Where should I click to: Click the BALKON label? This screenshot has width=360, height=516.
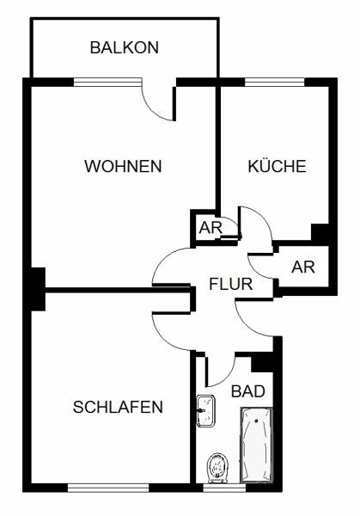125,47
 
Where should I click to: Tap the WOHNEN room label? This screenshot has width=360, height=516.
123,166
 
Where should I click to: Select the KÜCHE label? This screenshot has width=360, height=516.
277,165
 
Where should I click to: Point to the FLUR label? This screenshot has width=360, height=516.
231,284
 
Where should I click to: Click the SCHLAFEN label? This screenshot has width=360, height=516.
118,407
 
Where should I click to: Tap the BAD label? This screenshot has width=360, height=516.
248,391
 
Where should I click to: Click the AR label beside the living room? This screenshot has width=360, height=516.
211,227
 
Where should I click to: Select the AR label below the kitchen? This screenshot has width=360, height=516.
302,267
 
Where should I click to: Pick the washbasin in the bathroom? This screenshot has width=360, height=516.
205,411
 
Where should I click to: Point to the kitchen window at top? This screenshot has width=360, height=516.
275,83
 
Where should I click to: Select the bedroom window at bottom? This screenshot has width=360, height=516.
108,488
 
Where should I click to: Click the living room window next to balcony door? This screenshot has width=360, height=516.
107,83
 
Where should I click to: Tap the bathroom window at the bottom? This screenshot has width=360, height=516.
224,488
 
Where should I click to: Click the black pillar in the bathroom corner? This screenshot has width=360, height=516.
262,362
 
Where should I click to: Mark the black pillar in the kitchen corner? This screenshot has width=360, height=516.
320,232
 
